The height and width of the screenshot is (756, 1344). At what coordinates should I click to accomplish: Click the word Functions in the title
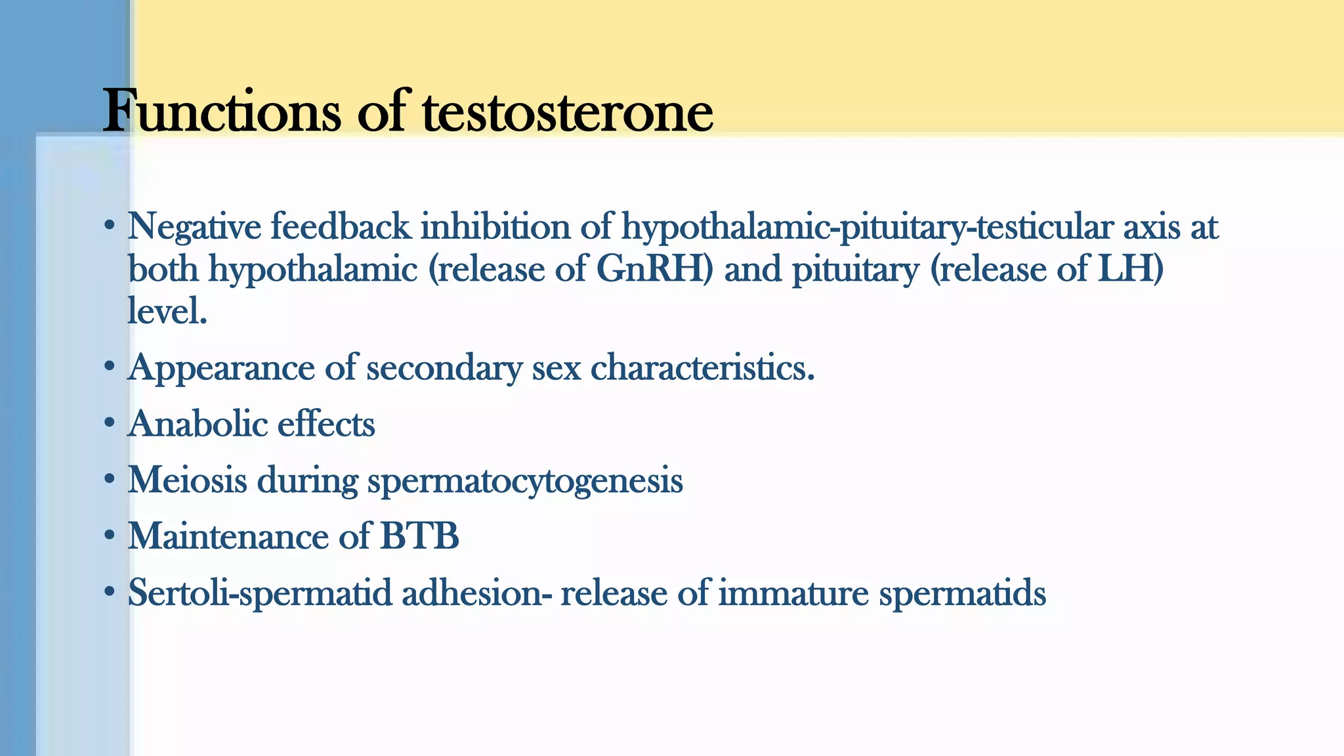[x=222, y=112]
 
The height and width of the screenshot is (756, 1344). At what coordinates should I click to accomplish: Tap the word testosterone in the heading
[x=567, y=112]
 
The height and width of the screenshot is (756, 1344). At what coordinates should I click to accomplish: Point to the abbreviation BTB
[x=420, y=535]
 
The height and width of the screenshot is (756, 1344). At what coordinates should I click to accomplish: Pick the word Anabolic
[x=198, y=424]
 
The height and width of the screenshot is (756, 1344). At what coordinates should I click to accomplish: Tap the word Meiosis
[x=188, y=480]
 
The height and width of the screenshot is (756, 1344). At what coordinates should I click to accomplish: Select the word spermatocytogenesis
[x=525, y=481]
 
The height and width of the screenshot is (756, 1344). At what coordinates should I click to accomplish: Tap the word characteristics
[x=702, y=367]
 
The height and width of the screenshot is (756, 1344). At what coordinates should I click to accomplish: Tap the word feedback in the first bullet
[x=341, y=227]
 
